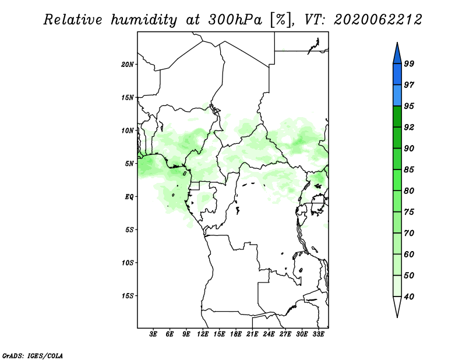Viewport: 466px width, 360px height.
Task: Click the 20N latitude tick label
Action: coord(128,64)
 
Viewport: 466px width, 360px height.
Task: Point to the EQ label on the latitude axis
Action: coord(129,197)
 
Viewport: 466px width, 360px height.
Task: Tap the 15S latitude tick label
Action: coord(128,296)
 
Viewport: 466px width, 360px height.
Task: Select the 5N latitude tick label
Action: coord(129,164)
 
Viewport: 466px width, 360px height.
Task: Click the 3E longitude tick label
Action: coord(153,334)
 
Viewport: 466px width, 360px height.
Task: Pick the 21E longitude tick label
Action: coord(252,334)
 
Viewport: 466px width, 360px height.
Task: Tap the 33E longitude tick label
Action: coord(318,334)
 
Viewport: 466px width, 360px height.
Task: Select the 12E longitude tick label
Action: coord(202,334)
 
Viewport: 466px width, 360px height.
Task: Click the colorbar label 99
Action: coord(409,63)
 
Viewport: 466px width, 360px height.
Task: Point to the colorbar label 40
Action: coord(409,297)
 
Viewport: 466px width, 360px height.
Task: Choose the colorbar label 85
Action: coord(409,170)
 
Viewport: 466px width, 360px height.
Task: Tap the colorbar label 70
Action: coord(409,233)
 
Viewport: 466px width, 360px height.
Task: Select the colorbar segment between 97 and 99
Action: coord(397,75)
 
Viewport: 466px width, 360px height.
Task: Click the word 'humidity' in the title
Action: coord(144,20)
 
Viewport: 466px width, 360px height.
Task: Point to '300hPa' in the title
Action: coord(235,20)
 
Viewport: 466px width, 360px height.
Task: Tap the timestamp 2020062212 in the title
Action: coord(377,20)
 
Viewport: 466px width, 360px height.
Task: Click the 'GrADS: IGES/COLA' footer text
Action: coord(33,355)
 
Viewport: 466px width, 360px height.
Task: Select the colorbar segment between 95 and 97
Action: coord(397,96)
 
